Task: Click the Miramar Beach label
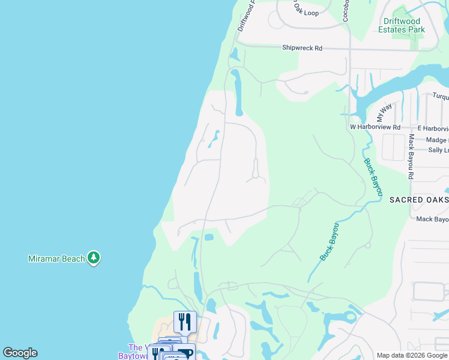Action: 56,259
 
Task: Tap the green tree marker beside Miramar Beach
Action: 93,258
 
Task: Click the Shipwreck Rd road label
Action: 302,48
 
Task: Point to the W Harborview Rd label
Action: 375,127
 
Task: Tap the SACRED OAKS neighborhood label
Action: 419,199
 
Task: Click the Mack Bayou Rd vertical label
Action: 411,157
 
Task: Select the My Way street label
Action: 384,112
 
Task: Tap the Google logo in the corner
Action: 20,353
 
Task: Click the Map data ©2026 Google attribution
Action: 412,355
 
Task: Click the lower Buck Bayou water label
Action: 329,242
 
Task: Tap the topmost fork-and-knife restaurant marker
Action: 185,322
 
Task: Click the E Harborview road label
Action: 433,128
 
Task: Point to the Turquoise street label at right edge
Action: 441,95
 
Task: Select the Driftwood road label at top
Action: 246,16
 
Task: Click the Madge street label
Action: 437,140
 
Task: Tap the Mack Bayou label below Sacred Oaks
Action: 432,219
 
